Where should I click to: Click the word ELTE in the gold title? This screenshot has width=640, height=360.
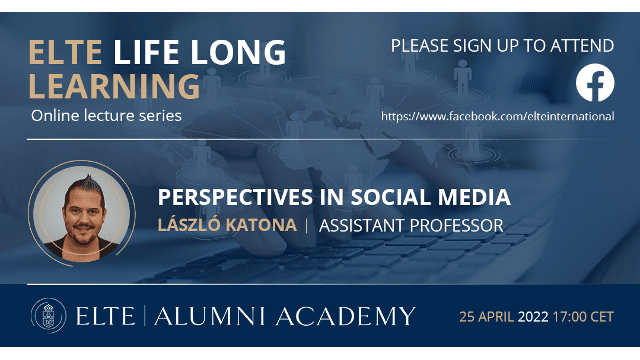pyautogui.click(x=68, y=51)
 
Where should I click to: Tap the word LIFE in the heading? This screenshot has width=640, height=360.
pyautogui.click(x=148, y=51)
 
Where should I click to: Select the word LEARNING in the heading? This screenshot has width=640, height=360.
pyautogui.click(x=115, y=85)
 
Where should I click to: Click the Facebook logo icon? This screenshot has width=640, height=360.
pyautogui.click(x=595, y=85)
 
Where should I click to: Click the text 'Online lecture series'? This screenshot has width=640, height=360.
pyautogui.click(x=107, y=116)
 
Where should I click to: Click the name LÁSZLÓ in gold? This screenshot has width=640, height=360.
pyautogui.click(x=196, y=226)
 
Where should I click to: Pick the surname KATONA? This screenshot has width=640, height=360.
pyautogui.click(x=267, y=226)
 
